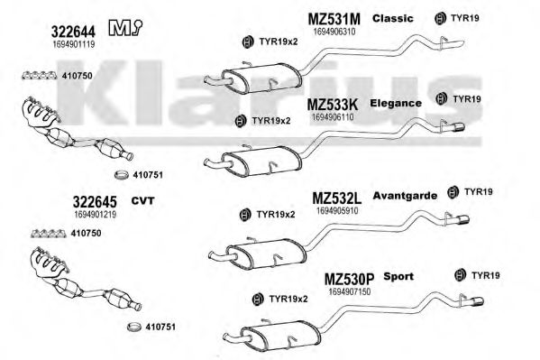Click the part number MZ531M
(334, 19)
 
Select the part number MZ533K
(333, 104)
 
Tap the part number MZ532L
(337, 198)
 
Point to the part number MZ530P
(349, 279)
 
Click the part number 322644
(73, 32)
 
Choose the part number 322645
(95, 202)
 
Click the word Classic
(392, 18)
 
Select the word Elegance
(396, 103)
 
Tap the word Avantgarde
(405, 196)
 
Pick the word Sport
(398, 276)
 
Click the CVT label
(142, 200)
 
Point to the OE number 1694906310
(334, 32)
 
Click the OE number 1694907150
(350, 291)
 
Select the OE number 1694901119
(74, 44)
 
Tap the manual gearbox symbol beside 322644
(125, 28)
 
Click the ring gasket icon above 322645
(121, 175)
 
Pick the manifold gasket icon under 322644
(40, 75)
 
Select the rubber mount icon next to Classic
(440, 18)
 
